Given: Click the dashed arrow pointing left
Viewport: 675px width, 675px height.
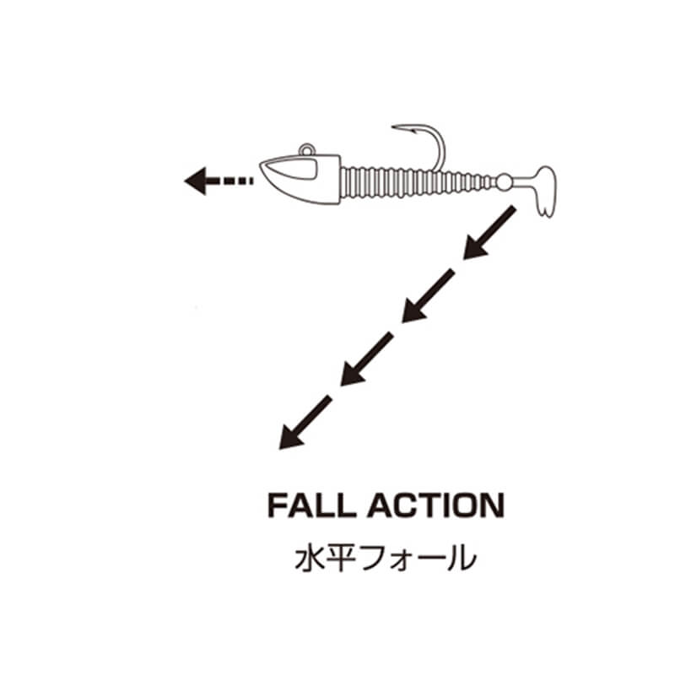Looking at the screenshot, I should tap(218, 180).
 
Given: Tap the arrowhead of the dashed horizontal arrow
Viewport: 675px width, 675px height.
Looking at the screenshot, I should tap(196, 180).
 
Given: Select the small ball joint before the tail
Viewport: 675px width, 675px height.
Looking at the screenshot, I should tap(504, 180).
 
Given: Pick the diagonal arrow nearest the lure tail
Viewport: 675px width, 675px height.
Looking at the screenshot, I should tap(489, 231).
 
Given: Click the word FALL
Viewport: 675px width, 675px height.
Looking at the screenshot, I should tap(310, 505).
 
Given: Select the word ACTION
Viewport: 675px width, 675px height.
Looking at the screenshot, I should tap(435, 505).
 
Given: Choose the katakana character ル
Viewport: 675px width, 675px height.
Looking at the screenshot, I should tap(460, 559).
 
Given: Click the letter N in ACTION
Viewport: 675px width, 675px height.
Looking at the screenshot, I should tap(489, 505).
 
